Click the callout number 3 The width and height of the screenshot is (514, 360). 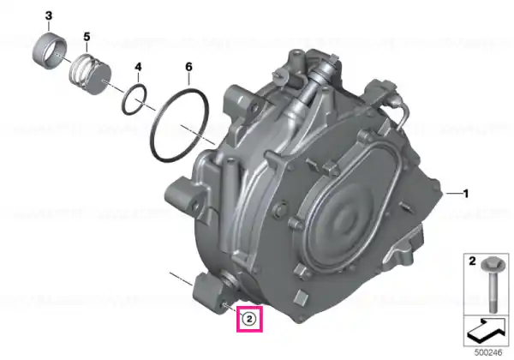[x=49, y=15]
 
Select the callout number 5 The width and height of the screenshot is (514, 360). [x=87, y=36]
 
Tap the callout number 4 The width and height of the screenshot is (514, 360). [x=138, y=67]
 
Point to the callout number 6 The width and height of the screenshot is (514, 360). [x=188, y=67]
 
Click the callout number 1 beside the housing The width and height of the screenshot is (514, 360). [x=465, y=194]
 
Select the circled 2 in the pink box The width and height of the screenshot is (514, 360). [x=248, y=318]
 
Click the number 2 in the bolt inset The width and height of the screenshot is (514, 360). [x=472, y=261]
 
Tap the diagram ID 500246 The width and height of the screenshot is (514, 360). [x=488, y=352]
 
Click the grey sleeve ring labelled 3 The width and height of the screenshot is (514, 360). [x=50, y=51]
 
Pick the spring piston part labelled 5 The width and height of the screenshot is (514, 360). [x=91, y=75]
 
